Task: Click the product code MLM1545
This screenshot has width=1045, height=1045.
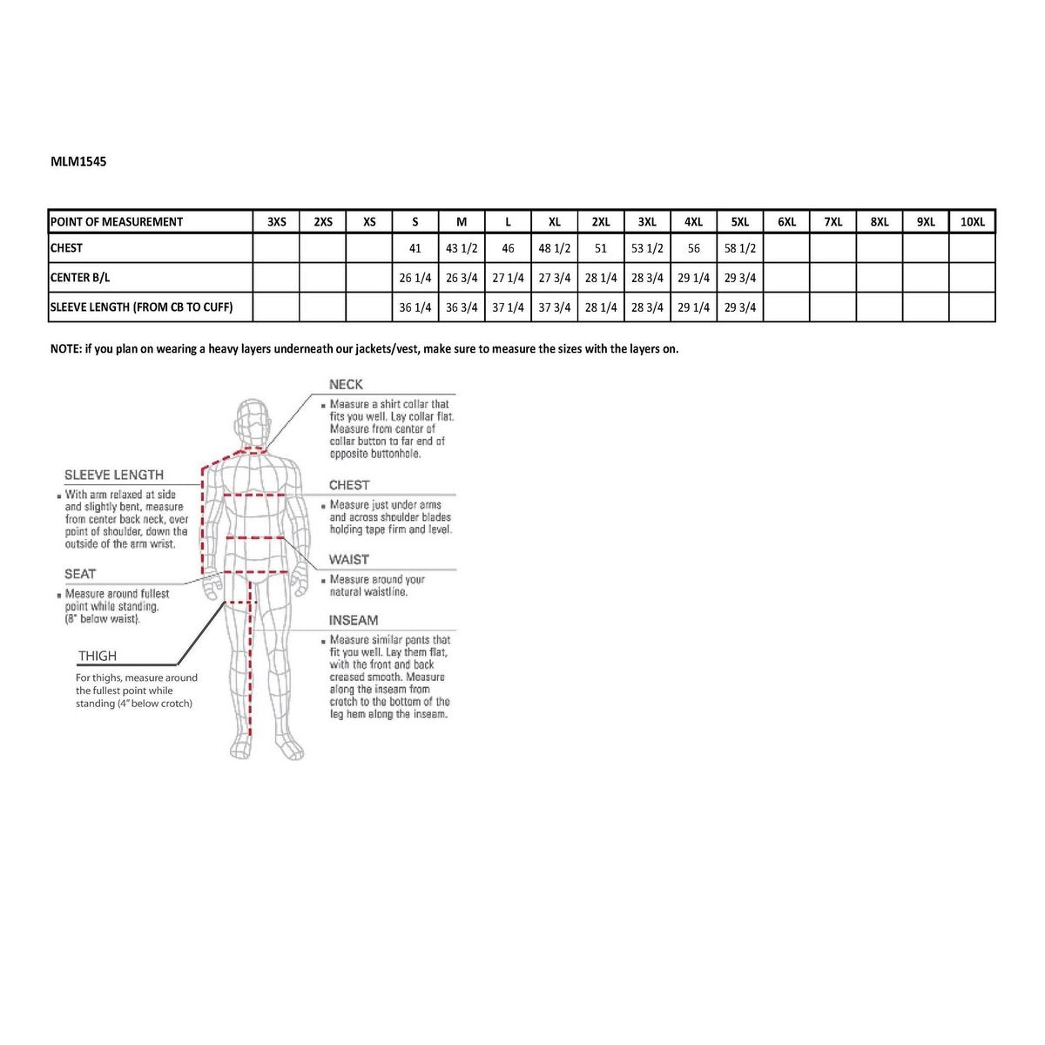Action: [x=78, y=161]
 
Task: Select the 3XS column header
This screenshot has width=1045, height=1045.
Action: [x=276, y=222]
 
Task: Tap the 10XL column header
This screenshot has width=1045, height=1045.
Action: [x=972, y=222]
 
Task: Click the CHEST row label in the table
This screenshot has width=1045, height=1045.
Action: [x=67, y=248]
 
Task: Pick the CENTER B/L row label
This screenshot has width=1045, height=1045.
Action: [x=80, y=278]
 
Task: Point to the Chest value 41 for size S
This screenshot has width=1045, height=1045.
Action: [x=415, y=248]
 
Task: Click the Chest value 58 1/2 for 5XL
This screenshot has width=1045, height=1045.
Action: [x=740, y=248]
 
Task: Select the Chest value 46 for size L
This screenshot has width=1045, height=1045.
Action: [x=508, y=248]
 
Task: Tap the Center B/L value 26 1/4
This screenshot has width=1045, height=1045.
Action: [x=415, y=278]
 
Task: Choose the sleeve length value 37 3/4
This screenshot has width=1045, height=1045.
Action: [x=555, y=307]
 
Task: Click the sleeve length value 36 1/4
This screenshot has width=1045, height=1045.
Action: [x=415, y=307]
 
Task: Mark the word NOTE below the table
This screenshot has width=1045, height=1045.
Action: [x=65, y=348]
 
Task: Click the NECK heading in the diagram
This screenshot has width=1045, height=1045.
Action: [x=346, y=384]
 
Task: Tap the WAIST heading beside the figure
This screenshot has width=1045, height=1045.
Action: [x=348, y=559]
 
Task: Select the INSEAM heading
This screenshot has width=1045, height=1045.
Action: [x=354, y=620]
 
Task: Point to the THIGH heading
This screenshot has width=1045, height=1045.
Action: [x=98, y=656]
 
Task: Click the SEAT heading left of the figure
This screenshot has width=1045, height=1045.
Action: [x=80, y=574]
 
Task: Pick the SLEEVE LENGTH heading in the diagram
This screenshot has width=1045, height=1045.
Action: [x=114, y=475]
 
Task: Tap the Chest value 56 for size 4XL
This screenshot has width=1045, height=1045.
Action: [x=694, y=248]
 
